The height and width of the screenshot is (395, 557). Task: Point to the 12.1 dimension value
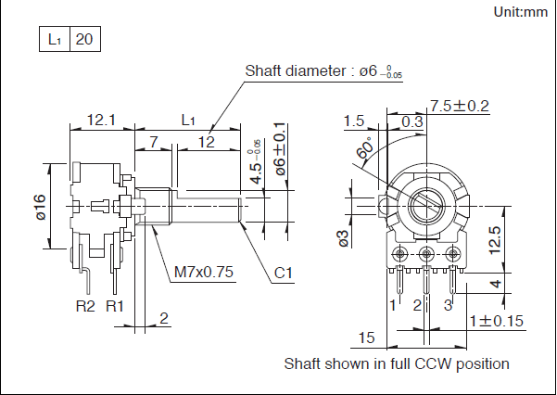point(100,120)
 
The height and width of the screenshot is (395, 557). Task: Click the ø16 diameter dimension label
point(40,207)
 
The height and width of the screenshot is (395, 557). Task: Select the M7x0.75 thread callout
point(204,272)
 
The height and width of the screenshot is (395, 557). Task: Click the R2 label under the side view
point(85,305)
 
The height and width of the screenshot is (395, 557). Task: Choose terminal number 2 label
point(418,304)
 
